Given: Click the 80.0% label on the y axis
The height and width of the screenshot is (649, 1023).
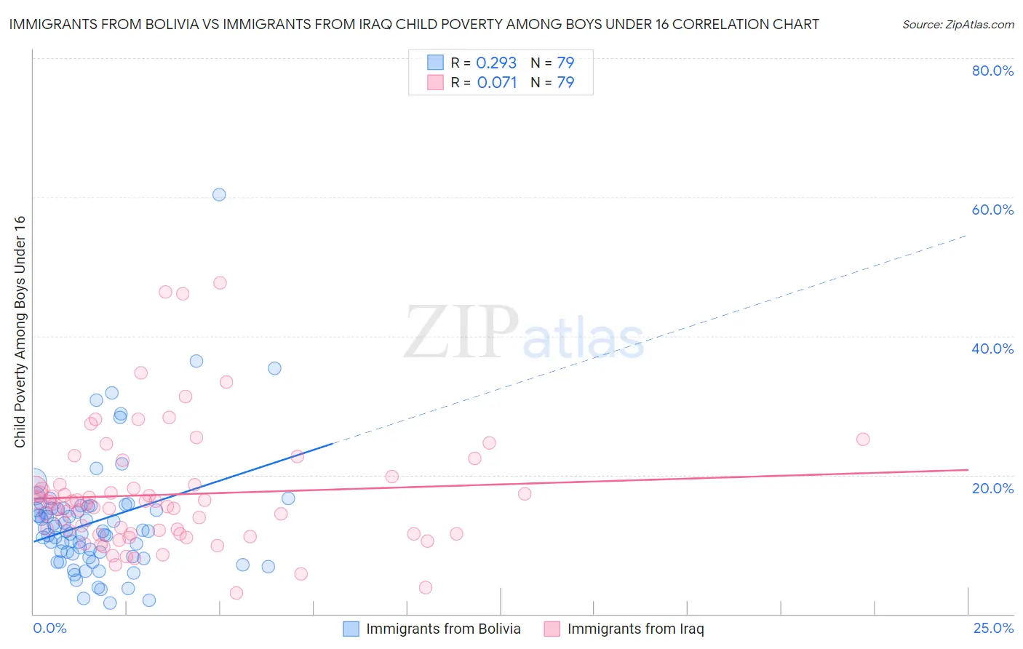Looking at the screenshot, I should (x=992, y=71).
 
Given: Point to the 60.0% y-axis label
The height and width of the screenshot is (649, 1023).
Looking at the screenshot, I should (x=992, y=210).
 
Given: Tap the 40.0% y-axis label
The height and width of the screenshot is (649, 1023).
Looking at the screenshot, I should (x=992, y=349).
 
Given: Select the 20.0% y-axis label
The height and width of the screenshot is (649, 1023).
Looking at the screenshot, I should (x=992, y=487).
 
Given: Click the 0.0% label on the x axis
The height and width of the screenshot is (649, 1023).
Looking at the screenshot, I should (x=49, y=628).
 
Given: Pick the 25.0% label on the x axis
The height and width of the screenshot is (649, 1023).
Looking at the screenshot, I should (x=993, y=628).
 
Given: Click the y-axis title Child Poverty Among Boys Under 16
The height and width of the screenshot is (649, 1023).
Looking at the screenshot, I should (x=20, y=332).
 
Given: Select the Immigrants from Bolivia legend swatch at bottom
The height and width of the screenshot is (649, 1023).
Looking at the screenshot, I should (x=351, y=629).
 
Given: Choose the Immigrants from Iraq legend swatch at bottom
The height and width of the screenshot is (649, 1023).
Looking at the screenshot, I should (x=552, y=629).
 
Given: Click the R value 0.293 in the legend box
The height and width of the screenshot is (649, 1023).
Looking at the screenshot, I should (x=496, y=63).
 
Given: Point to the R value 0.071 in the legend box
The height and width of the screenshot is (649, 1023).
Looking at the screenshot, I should (x=497, y=82).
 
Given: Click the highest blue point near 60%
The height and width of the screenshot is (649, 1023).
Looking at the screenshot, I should (x=219, y=194).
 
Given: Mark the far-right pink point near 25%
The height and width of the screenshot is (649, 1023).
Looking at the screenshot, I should (x=863, y=439).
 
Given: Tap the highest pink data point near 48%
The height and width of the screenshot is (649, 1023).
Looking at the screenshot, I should (x=220, y=282).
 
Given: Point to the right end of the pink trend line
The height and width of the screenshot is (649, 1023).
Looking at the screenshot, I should (x=968, y=470).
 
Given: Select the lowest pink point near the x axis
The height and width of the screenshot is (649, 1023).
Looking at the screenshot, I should (x=236, y=593).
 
